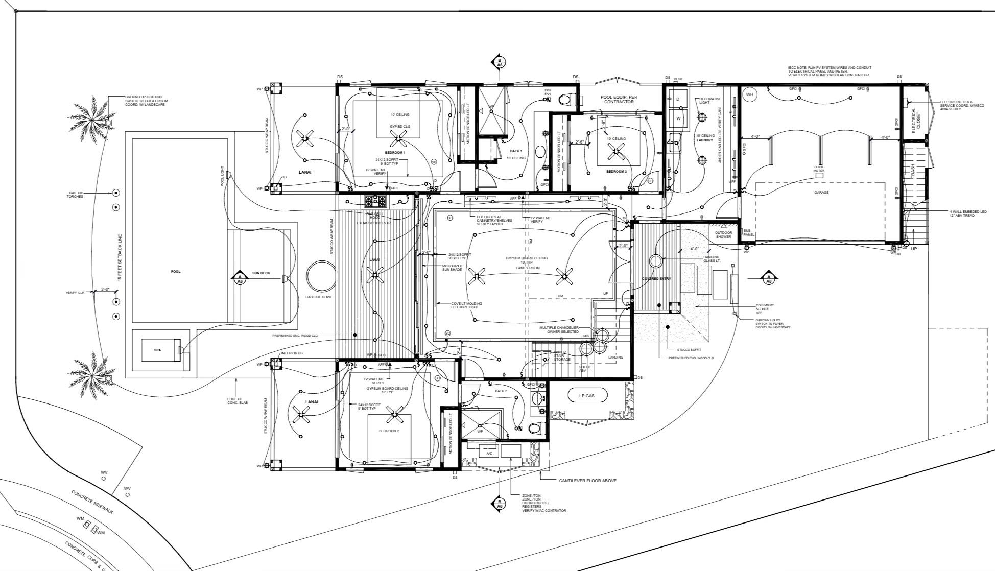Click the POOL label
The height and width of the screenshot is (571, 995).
[175, 272]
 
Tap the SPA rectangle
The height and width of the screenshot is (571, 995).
[157, 350]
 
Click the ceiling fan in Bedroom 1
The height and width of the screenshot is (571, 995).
[398, 137]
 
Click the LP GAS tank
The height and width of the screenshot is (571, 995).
[586, 396]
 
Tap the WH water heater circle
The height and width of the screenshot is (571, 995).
[749, 94]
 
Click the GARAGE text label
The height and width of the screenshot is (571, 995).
[821, 193]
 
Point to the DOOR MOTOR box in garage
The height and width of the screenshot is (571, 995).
[819, 175]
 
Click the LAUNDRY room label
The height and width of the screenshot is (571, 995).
[704, 140]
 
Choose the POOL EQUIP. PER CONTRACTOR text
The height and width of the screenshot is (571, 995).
[619, 99]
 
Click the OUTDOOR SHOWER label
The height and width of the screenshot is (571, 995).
[723, 234]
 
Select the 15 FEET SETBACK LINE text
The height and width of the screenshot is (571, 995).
[120, 258]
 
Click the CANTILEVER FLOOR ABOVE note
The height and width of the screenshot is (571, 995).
[587, 481]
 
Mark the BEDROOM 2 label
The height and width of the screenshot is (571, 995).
[389, 431]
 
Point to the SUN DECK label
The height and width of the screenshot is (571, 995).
[260, 273]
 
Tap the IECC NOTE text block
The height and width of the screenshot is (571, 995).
[829, 71]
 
